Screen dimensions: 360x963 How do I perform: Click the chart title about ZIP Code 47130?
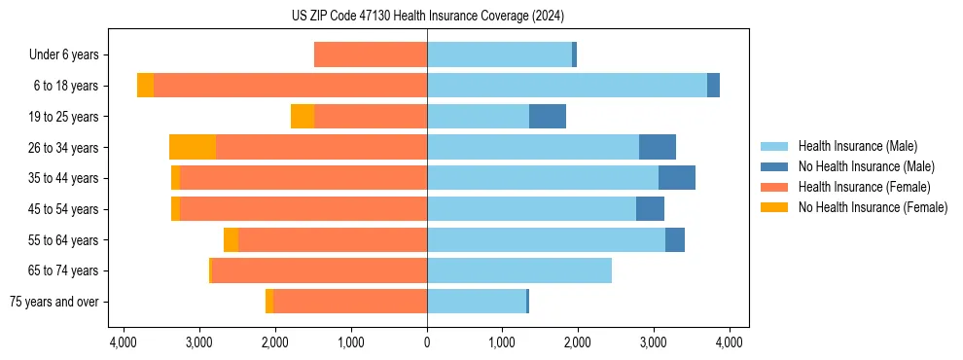coord(427,17)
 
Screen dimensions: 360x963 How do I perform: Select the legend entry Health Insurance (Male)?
coord(856,146)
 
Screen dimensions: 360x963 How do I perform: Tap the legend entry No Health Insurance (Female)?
coord(873,207)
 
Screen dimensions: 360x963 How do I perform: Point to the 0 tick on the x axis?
coord(427,342)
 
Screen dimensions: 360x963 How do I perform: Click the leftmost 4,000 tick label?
coord(124,342)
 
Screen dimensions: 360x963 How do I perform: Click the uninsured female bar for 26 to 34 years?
coord(193,148)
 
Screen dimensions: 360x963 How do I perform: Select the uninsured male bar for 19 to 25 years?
coord(548,117)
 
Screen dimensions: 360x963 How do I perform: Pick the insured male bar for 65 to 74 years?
coord(519,270)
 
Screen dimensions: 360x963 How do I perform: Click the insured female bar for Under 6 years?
coord(371,55)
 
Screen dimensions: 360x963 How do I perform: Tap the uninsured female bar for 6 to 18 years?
coord(145,86)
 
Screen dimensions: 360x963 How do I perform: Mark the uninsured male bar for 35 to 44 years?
coord(677,178)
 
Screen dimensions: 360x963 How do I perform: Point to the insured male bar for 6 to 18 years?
coord(567,86)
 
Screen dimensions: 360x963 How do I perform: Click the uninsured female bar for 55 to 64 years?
coord(231,240)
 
